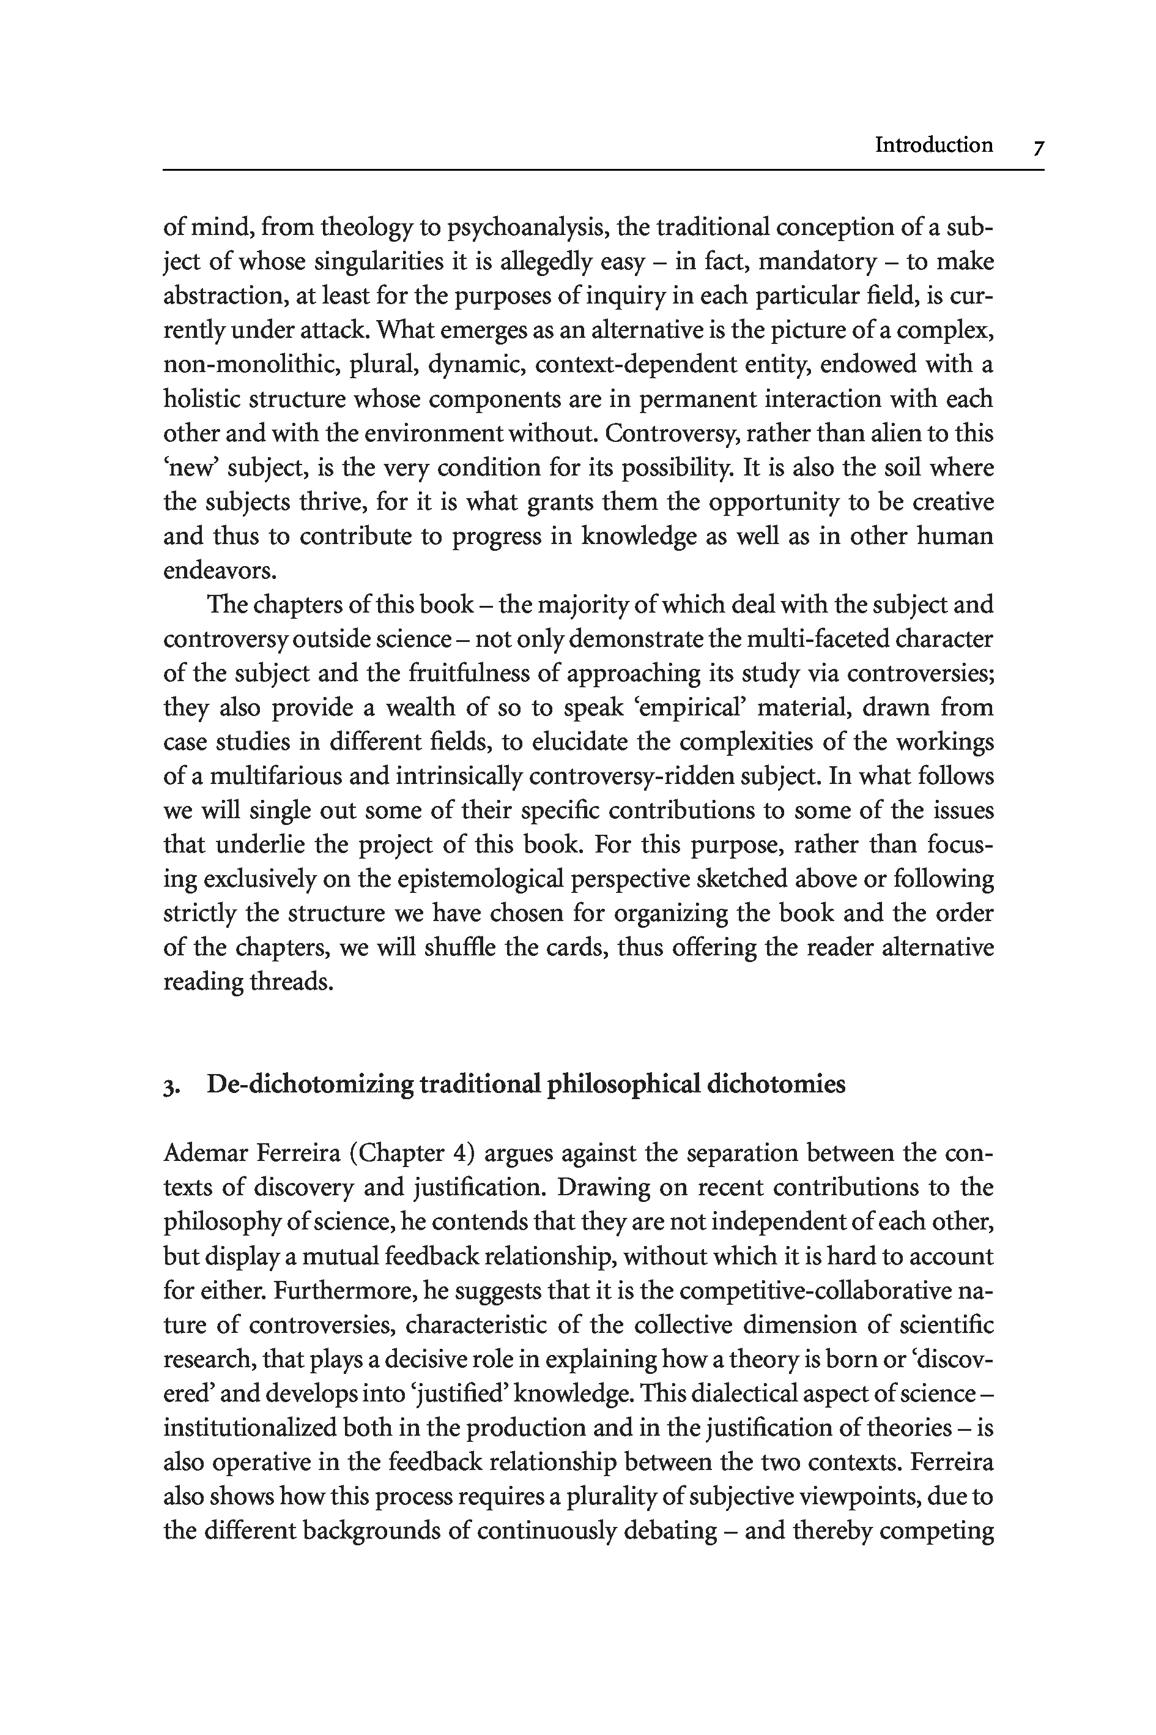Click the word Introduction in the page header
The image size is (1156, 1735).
[x=933, y=144]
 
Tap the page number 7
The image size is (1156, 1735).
[x=1037, y=147]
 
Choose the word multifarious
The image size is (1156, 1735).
[x=274, y=776]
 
